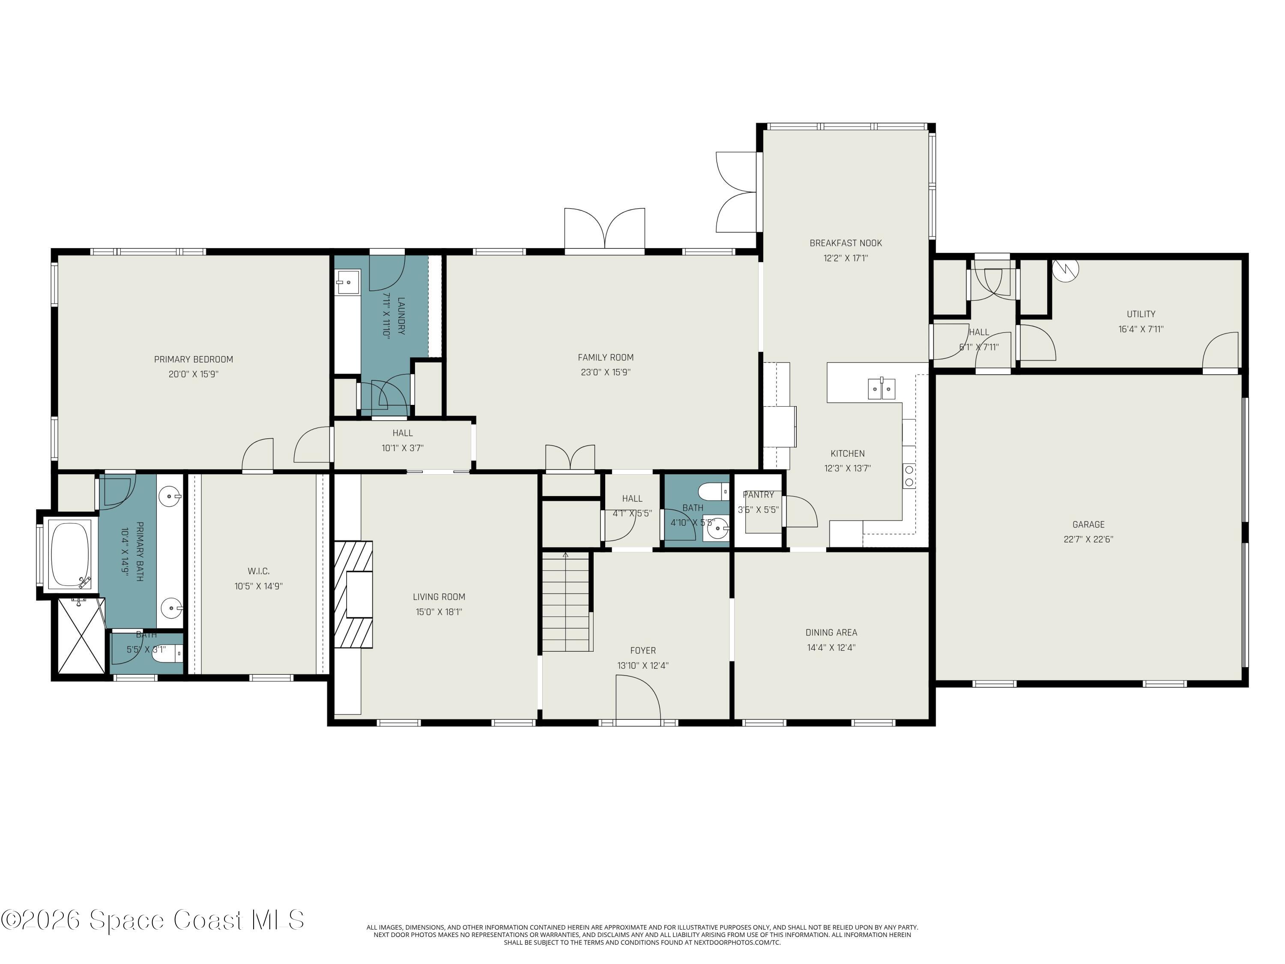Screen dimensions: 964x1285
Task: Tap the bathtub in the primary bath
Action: point(70,554)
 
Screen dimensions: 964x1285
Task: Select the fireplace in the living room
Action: point(354,594)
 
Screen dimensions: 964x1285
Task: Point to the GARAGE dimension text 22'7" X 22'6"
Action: point(1088,539)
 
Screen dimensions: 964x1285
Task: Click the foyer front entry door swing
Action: point(638,700)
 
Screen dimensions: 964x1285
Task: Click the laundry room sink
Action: point(347,282)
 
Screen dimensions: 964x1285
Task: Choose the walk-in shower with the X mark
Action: point(82,636)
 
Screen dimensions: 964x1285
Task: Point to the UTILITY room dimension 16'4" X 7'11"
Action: point(1141,329)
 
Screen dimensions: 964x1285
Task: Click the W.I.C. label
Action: point(259,571)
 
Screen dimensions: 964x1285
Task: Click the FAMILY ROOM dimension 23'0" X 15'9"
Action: point(605,372)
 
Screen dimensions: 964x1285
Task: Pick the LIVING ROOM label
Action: point(439,597)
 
